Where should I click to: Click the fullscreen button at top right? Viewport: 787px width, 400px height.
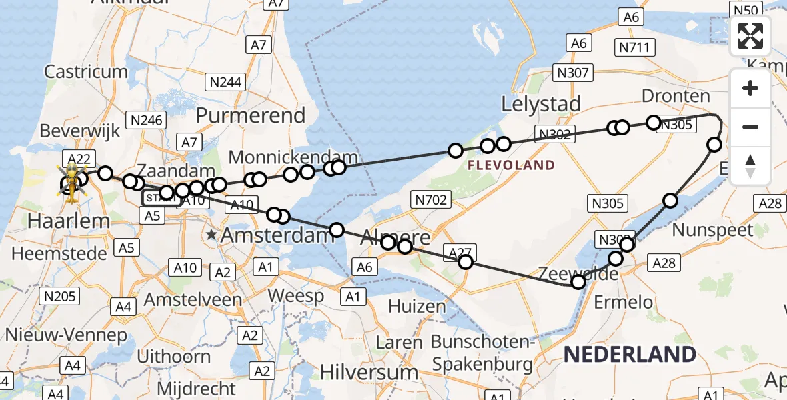coord(750,36)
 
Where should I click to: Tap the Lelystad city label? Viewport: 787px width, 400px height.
coord(540,104)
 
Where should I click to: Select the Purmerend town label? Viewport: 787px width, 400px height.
coord(250,115)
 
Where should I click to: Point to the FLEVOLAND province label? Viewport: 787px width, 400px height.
coord(511,165)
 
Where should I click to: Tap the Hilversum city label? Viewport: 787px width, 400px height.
coord(369,371)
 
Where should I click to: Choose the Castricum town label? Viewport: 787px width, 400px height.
coord(86,71)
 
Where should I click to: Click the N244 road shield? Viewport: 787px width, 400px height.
coord(226,82)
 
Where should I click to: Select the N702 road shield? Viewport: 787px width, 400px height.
coord(432,199)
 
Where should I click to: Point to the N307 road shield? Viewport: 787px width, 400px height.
coord(573,73)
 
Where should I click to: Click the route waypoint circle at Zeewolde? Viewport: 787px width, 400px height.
coord(578,282)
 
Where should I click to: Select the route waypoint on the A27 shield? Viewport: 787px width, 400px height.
coord(466,262)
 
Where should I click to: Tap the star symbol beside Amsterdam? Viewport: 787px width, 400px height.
coord(211,235)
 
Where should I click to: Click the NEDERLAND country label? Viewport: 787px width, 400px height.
coord(630,354)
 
